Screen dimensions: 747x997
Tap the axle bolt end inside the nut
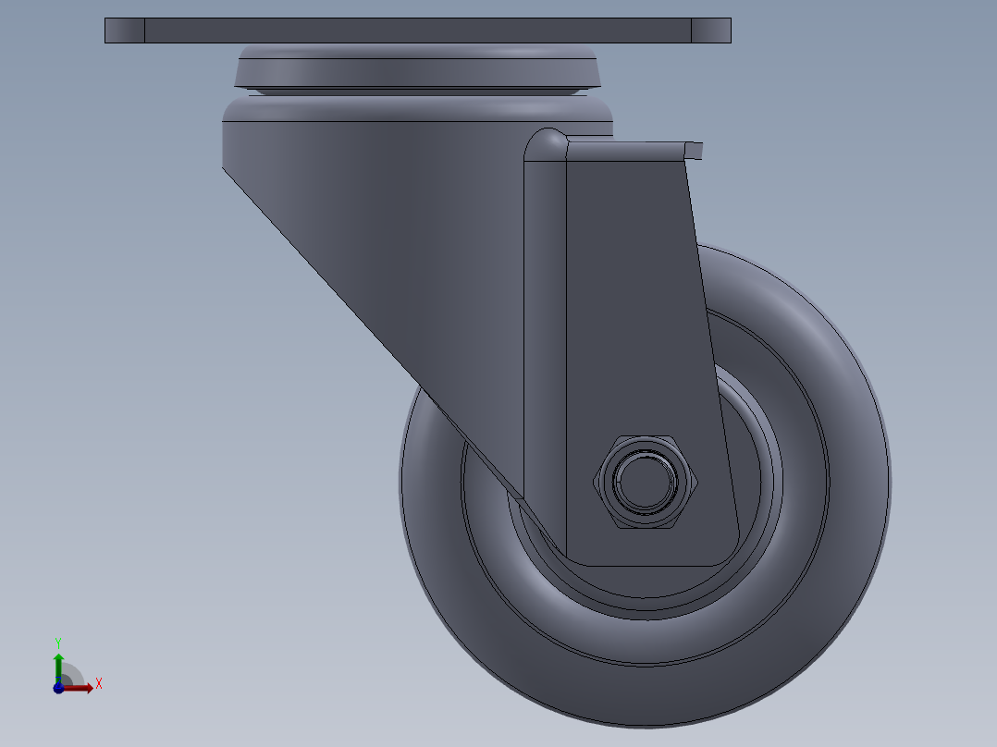(x=645, y=481)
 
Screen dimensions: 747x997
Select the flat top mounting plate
(x=416, y=31)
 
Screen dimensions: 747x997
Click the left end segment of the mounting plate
(x=124, y=31)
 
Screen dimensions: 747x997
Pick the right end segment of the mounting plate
(x=710, y=31)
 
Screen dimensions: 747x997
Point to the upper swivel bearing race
(x=416, y=68)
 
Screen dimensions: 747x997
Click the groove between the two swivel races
(x=416, y=92)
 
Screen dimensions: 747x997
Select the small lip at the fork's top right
(x=694, y=149)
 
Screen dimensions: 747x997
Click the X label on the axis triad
(x=99, y=684)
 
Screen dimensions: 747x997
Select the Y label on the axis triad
(x=58, y=642)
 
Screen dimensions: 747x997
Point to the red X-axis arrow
(x=81, y=688)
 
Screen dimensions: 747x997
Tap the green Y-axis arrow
(x=58, y=664)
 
